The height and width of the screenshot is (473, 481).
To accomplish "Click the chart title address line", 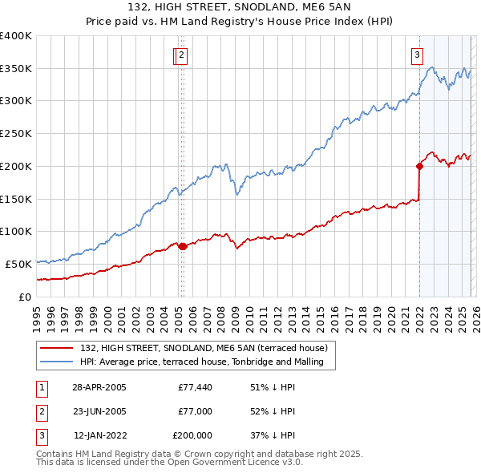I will coord(240,8).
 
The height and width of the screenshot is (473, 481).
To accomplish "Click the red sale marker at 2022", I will coord(419,167).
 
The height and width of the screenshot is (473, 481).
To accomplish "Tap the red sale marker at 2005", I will coord(182,246).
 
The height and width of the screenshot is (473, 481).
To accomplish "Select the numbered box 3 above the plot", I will coord(418,55).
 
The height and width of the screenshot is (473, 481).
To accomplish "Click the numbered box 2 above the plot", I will coord(182,55).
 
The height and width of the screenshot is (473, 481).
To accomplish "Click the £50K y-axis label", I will coord(18,264).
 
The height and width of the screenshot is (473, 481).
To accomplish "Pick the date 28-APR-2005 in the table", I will coord(99,387).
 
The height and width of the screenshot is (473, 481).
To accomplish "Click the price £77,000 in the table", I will coord(195,411).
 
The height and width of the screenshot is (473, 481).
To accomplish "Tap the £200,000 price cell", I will coord(192,435).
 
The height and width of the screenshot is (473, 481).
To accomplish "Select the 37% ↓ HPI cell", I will coord(273,435).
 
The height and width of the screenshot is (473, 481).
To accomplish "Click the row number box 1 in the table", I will coord(42,387).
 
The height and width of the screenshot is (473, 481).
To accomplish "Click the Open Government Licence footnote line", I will coord(169,463).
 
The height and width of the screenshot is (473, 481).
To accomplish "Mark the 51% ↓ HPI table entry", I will coord(273,387).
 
